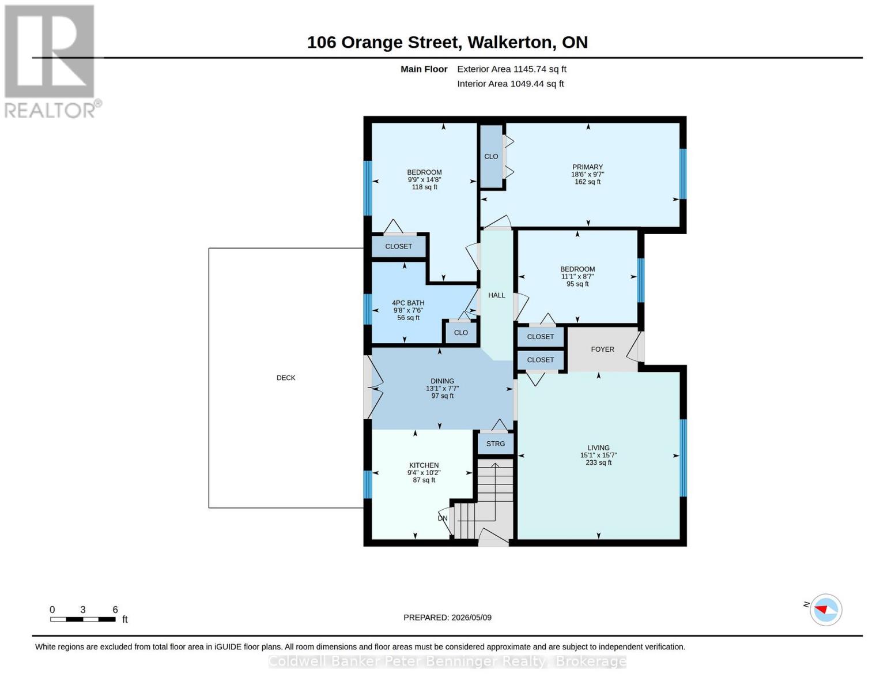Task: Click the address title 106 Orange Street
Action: (383, 43)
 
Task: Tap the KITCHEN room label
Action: (424, 465)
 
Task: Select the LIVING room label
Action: (598, 447)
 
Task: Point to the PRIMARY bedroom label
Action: (587, 167)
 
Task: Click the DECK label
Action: (286, 378)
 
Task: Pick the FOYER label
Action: (602, 349)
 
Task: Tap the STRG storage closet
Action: (495, 444)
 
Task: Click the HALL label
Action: (496, 295)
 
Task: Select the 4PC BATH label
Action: (408, 303)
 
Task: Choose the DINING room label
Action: (443, 381)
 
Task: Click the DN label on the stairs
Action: (443, 518)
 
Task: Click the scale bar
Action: (83, 619)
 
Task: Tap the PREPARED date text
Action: (447, 618)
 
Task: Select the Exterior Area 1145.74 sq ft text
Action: (512, 69)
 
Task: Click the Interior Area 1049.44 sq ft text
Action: (510, 84)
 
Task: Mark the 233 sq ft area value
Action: (598, 462)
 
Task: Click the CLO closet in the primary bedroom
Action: (491, 157)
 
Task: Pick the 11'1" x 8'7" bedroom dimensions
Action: (577, 277)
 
